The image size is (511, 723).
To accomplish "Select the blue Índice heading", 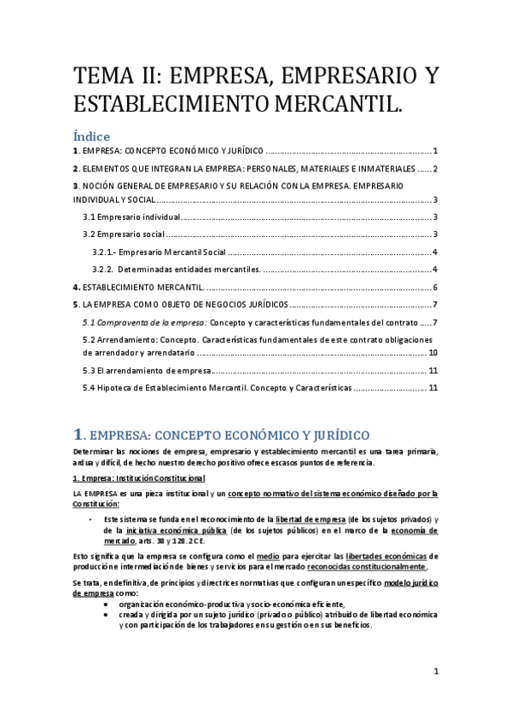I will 91,136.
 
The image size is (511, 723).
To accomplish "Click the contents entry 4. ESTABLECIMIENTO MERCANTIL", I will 141,287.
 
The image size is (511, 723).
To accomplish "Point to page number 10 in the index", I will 433,352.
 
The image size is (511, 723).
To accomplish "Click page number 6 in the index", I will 435,287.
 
